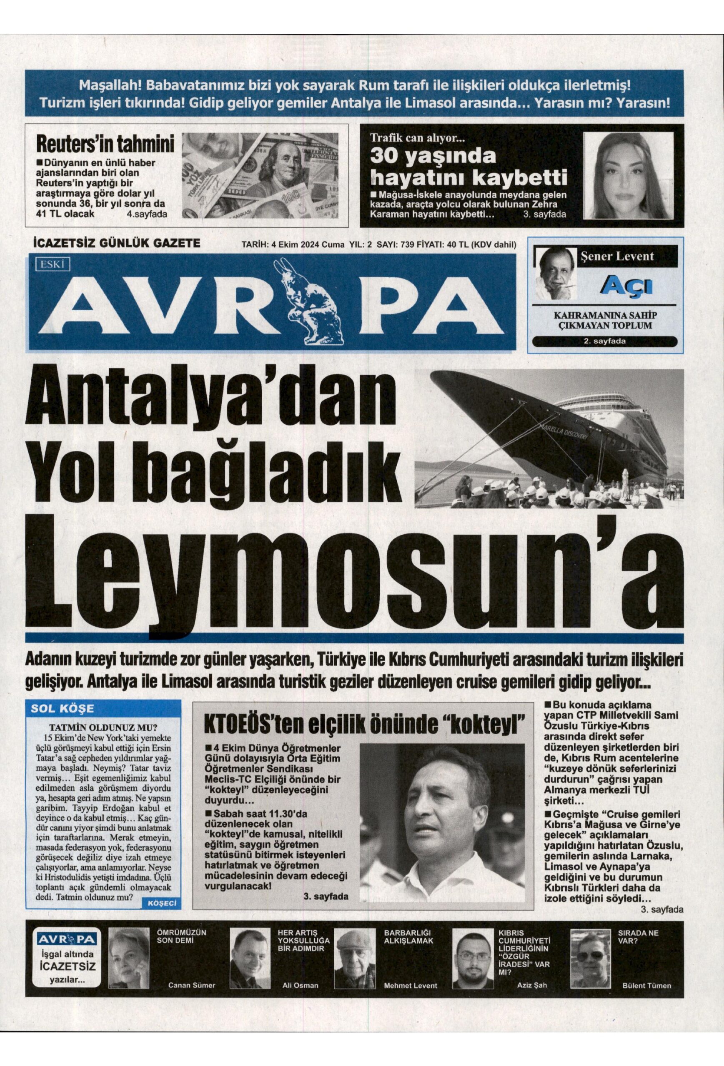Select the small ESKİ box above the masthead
(x=51, y=264)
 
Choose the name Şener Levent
(x=627, y=256)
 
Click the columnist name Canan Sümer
(x=191, y=981)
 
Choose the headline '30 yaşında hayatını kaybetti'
(x=468, y=167)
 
